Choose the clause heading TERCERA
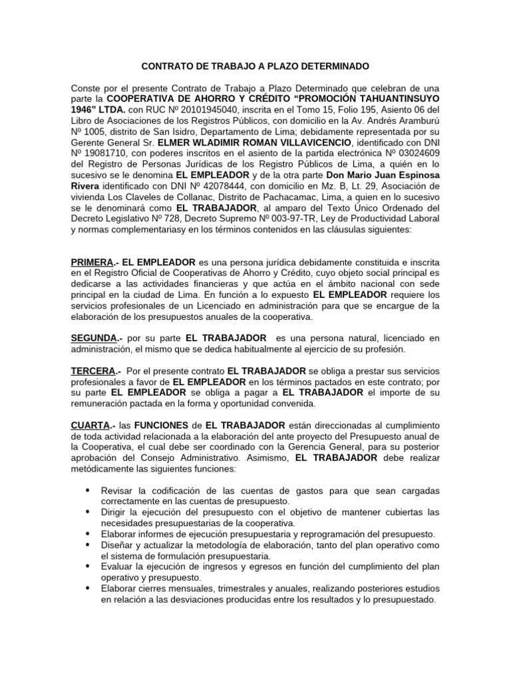pos(93,370)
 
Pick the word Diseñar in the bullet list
pos(116,544)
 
